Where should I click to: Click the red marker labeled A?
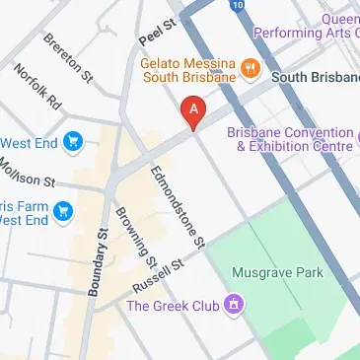[194, 111]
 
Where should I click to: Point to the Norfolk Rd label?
[36, 89]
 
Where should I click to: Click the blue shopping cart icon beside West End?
[72, 142]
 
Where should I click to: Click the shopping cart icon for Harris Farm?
[64, 210]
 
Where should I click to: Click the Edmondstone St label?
[177, 206]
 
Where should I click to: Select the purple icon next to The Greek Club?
[233, 304]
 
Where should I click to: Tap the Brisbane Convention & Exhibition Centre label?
[289, 139]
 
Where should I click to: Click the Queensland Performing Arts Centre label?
[307, 25]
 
